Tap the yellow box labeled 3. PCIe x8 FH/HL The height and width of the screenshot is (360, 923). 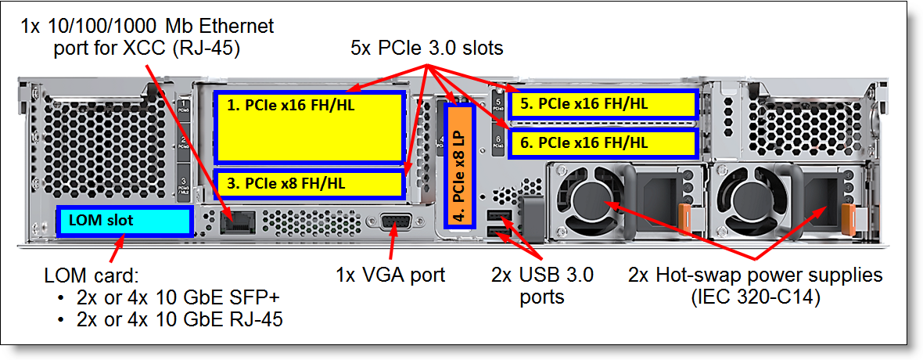pos(309,183)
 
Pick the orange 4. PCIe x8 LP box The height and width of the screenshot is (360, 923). pos(459,164)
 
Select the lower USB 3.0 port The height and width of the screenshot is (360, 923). pos(497,232)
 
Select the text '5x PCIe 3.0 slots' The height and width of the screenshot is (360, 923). pos(426,49)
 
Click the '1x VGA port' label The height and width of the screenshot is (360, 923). pos(390,275)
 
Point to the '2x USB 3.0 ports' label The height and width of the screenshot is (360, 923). pos(542,286)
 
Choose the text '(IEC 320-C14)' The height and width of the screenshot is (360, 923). pos(755,297)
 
